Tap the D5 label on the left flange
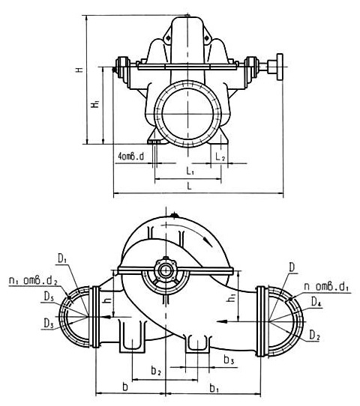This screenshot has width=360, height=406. pyautogui.click(x=47, y=298)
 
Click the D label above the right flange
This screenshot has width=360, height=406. pyautogui.click(x=292, y=267)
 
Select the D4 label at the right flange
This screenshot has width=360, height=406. pyautogui.click(x=317, y=302)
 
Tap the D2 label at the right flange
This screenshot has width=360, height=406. pyautogui.click(x=316, y=336)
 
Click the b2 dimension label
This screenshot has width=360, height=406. pyautogui.click(x=155, y=370)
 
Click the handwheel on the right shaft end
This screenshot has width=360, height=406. pyautogui.click(x=279, y=65)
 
